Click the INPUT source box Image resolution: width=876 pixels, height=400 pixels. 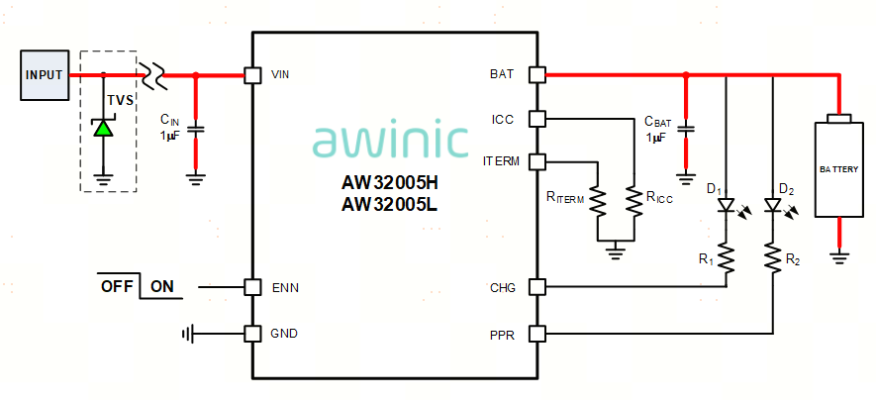44,75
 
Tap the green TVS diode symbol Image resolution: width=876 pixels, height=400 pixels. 103,128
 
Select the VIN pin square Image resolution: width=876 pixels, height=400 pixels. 252,74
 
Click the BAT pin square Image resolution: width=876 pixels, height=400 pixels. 536,74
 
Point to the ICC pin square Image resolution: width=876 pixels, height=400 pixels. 536,119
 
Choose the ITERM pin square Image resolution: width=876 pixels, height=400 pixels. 536,160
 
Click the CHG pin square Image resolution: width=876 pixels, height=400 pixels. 536,287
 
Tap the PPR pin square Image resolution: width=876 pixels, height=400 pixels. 536,333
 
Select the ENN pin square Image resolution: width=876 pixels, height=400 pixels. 252,287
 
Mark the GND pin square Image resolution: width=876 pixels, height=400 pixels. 252,333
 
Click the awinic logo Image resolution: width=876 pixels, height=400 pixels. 390,141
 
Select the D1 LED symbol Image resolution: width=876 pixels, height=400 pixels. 727,206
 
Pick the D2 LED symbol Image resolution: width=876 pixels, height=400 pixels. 772,206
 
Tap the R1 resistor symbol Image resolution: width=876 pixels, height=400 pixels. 727,259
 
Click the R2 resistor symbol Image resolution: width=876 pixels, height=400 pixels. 772,259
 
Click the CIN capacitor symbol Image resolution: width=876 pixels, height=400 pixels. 195,128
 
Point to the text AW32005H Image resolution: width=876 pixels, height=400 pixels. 390,184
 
